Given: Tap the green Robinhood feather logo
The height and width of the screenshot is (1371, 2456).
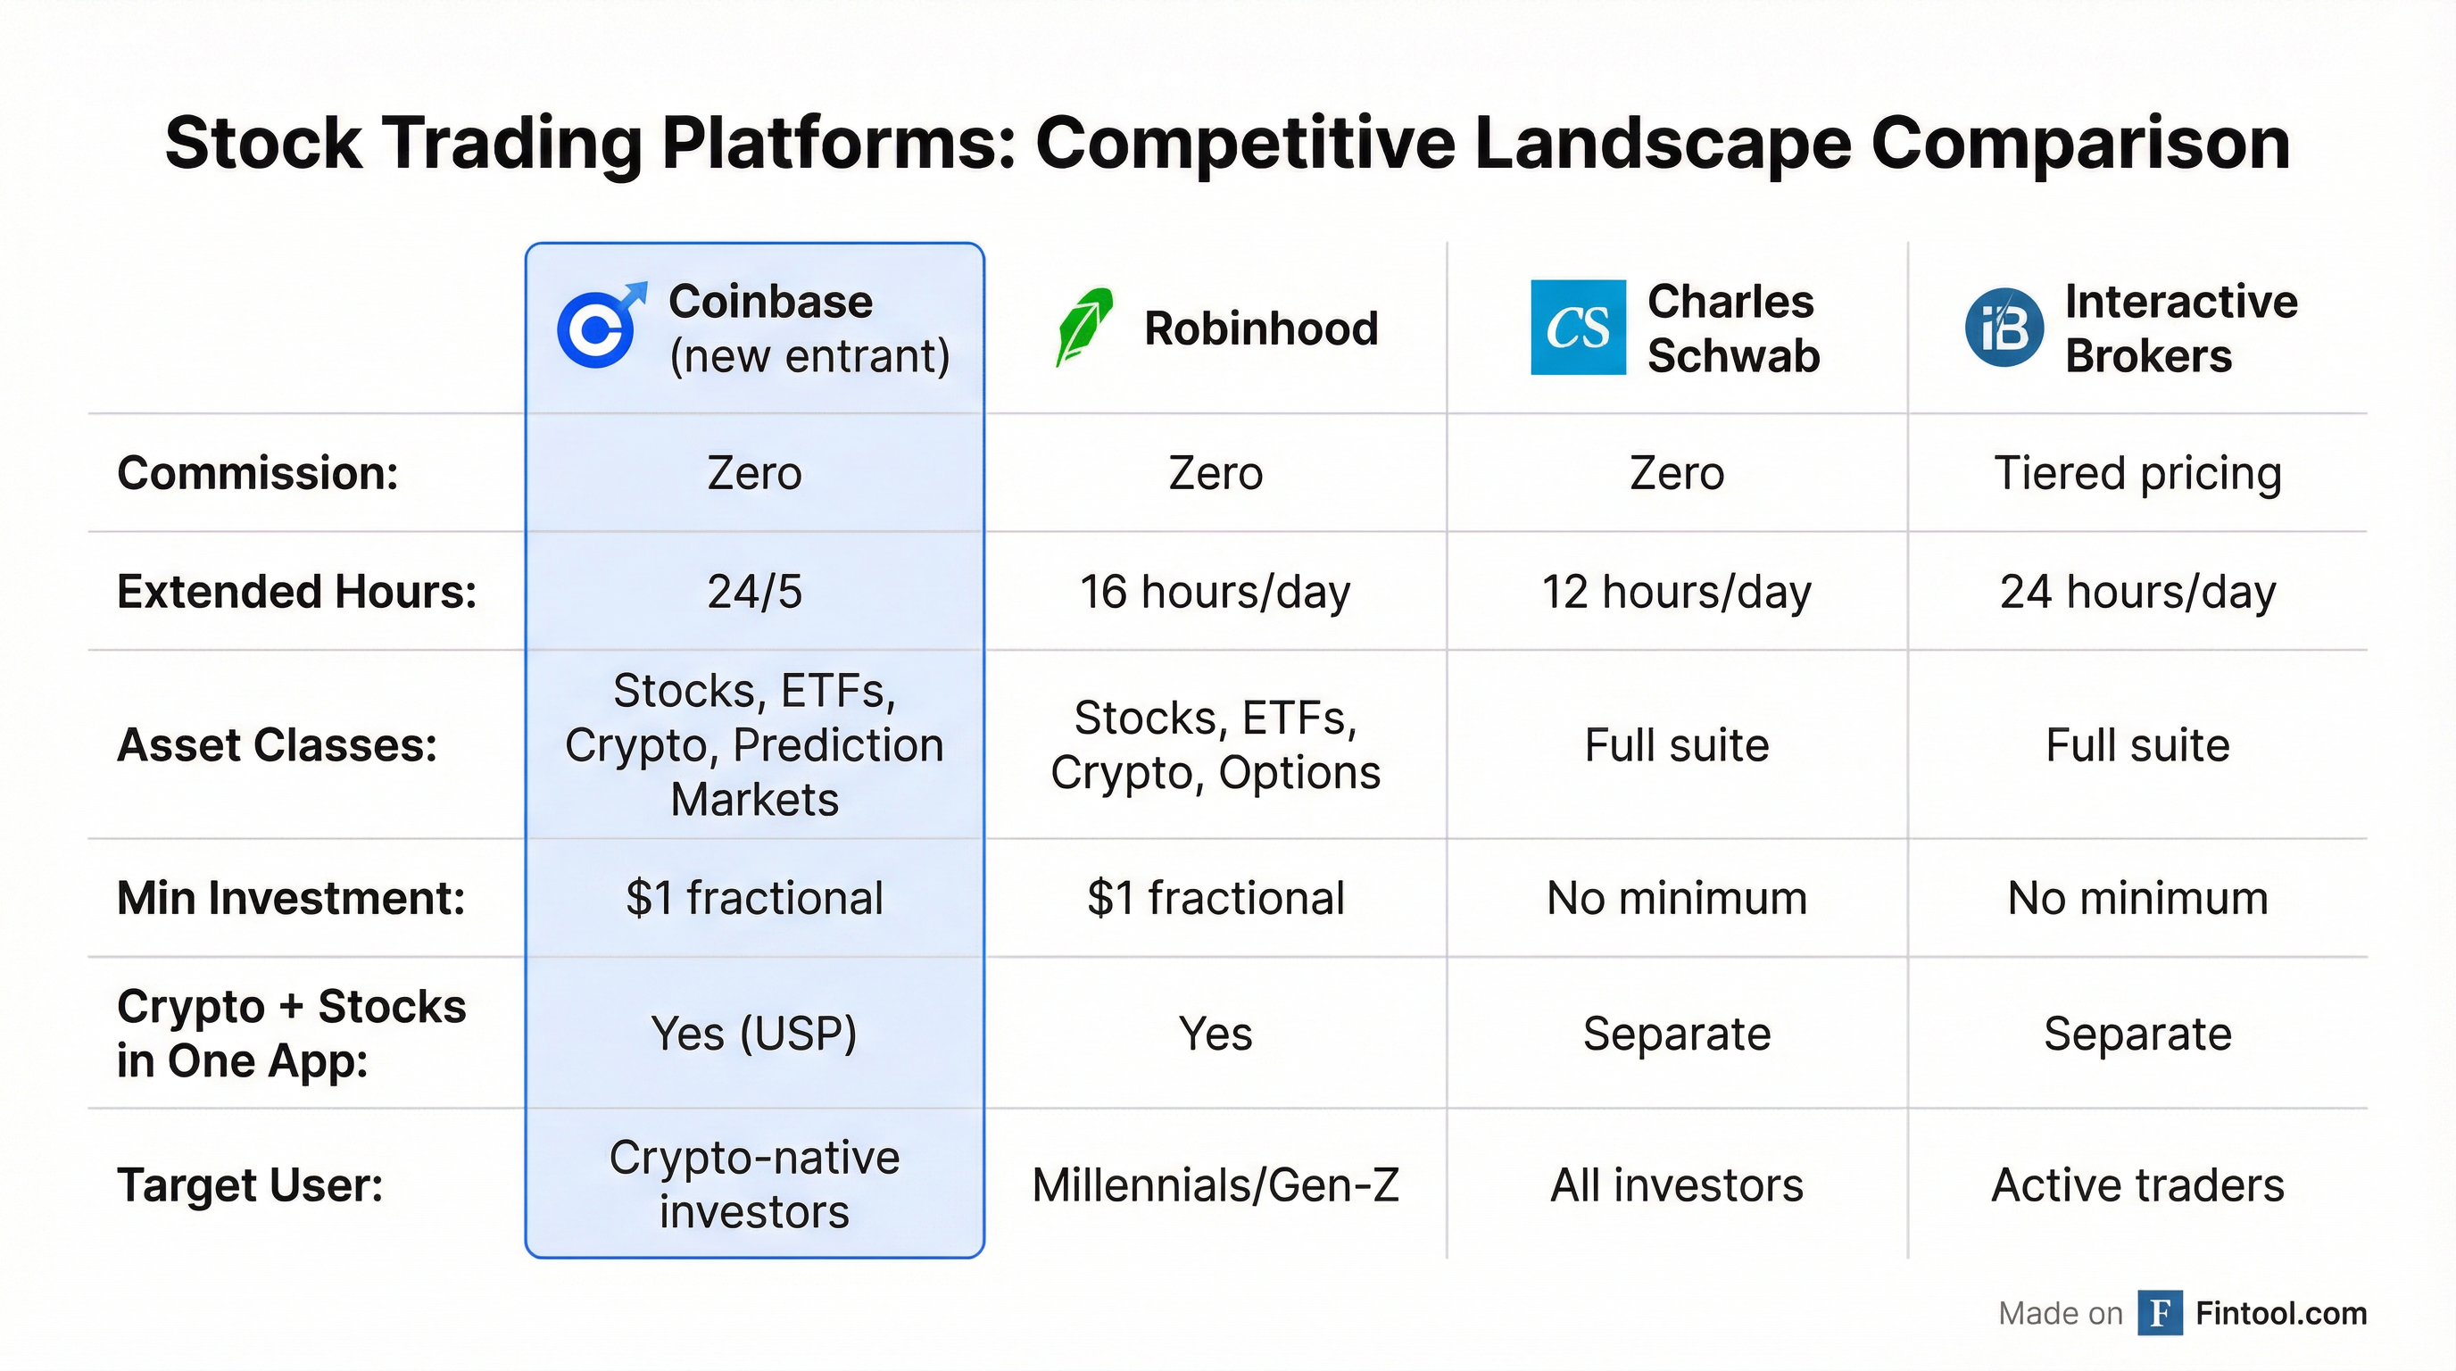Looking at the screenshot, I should [1085, 327].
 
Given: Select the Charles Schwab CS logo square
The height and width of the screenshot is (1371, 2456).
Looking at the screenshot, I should [1578, 327].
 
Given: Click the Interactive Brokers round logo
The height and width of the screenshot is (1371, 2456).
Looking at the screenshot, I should [2004, 327].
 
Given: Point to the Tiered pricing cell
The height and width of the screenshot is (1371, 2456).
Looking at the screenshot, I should [2137, 474].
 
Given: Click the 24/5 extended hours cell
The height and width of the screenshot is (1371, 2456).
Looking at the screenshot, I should [754, 592].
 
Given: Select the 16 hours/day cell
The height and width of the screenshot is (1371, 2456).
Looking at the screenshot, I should [1215, 592].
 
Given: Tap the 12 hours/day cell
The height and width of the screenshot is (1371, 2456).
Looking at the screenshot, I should [1676, 592].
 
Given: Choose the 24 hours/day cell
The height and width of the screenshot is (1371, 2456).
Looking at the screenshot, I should [2137, 592].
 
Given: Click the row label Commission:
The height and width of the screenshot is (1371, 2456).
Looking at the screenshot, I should [257, 474].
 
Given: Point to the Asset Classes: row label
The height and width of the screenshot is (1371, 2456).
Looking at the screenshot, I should [277, 745].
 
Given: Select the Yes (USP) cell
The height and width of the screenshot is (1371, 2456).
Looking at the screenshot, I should [754, 1034].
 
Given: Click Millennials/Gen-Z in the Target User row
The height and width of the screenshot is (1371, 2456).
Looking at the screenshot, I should [1215, 1185].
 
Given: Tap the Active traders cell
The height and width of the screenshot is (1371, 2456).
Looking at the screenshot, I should [2137, 1185].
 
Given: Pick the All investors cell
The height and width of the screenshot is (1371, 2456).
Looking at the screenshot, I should [1676, 1185].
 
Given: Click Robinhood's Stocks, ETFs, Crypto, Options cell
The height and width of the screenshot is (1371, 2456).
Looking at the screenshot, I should [1215, 745].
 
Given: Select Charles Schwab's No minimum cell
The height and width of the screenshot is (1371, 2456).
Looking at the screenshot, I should [1676, 898].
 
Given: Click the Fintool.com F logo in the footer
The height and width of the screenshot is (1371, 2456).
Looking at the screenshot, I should [2160, 1313].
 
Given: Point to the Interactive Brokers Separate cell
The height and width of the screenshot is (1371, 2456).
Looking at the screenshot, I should [2137, 1034].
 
